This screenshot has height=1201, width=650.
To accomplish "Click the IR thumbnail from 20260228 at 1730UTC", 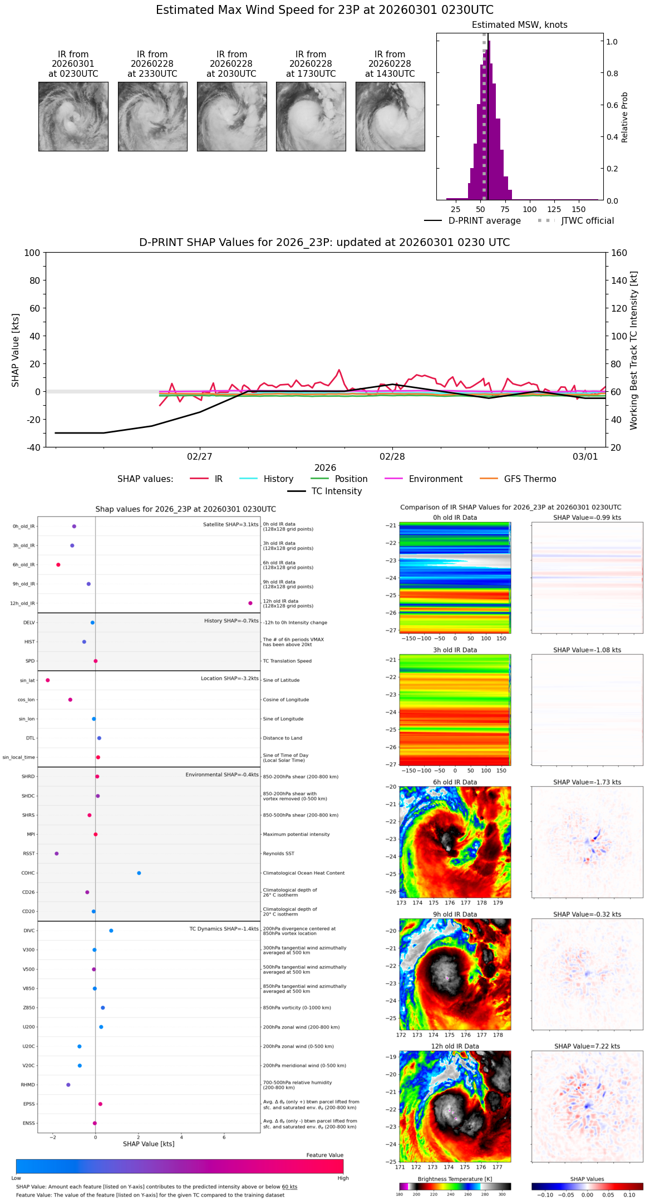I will pos(311,116).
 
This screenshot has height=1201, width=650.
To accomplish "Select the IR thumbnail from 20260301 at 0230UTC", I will pos(73,116).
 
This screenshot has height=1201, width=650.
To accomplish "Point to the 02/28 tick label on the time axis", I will pos(392,457).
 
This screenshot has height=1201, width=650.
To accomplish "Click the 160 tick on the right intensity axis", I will pos(619,253).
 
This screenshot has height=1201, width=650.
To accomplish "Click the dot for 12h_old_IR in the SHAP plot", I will pos(250,603).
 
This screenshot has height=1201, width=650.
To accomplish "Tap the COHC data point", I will pos(139,873).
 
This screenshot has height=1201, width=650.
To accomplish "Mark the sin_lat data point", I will pos(48,680).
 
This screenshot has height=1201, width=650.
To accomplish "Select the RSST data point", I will pos(56,854).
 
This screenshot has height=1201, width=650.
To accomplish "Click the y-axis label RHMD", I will pos(28,1085).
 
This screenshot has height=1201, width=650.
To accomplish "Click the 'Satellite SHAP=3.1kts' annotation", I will pos(230,525).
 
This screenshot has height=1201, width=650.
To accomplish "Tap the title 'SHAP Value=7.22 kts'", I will pos(587,1046).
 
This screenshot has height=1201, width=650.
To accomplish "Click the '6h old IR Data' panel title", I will pos(455,782).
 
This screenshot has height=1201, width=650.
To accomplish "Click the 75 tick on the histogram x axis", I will pos(505,210).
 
